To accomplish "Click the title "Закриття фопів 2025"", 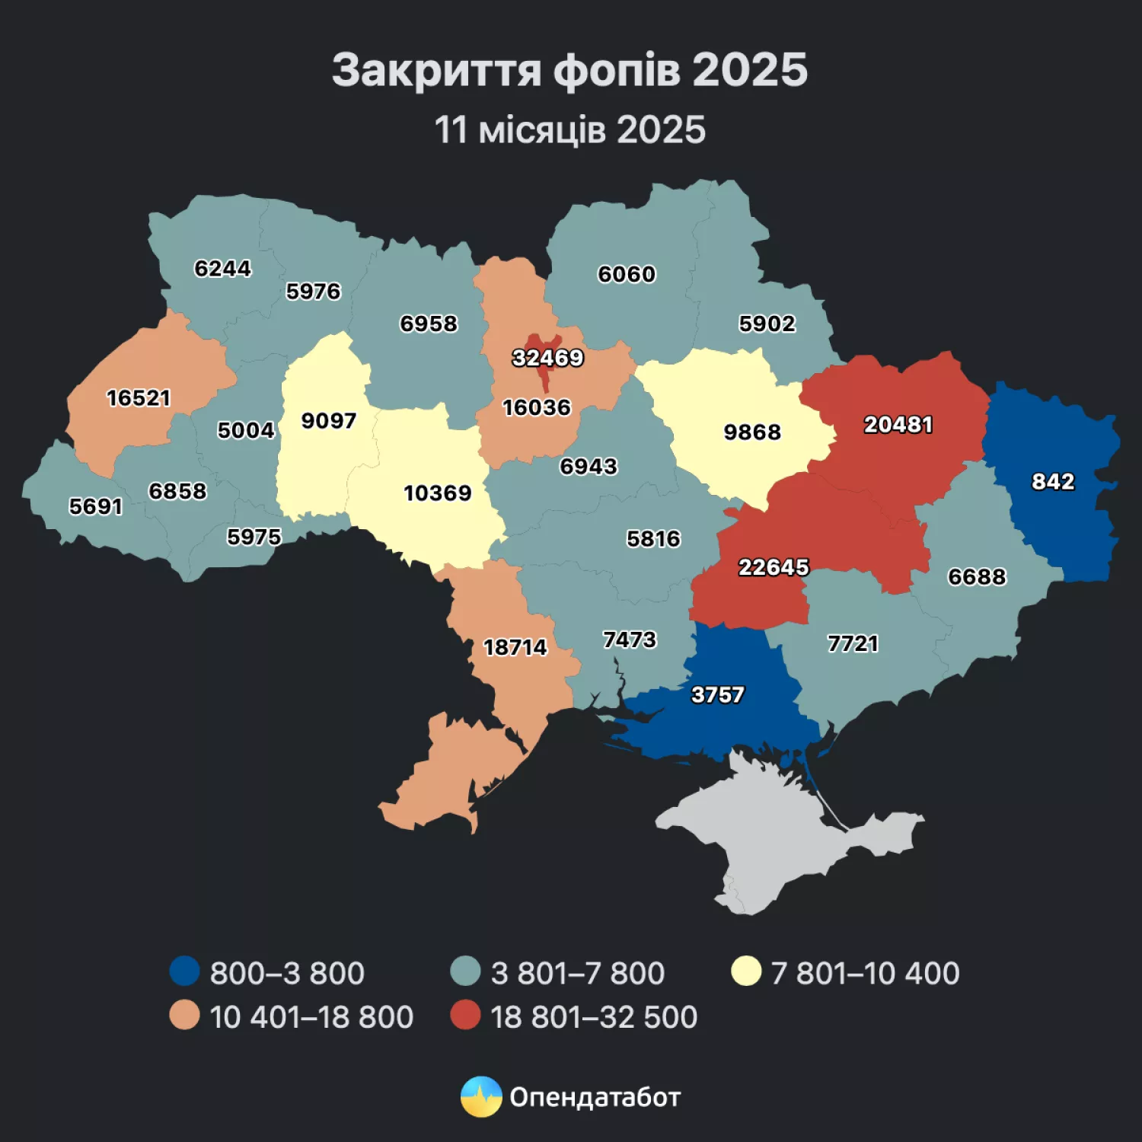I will click(x=569, y=70).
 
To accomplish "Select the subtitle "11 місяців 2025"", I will click(x=569, y=130).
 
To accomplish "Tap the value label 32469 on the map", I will click(x=547, y=358).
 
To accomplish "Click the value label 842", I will click(x=1053, y=482).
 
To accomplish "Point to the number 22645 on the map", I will click(x=774, y=567).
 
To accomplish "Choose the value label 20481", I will click(x=898, y=425).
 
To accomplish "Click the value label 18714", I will click(x=515, y=647).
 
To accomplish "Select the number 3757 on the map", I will click(x=717, y=695).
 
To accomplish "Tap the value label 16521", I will click(x=139, y=398).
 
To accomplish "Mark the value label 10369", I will click(x=438, y=493).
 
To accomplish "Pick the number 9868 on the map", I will click(x=752, y=432).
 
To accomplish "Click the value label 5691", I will click(x=96, y=506).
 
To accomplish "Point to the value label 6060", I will click(x=627, y=274).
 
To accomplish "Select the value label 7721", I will click(x=853, y=644).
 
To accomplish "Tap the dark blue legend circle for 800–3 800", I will click(x=184, y=971).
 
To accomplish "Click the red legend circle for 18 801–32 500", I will click(x=465, y=1015).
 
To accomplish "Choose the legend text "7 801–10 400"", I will click(x=865, y=973).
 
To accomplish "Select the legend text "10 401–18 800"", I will click(x=311, y=1017).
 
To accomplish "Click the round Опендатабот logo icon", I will click(x=481, y=1097).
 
